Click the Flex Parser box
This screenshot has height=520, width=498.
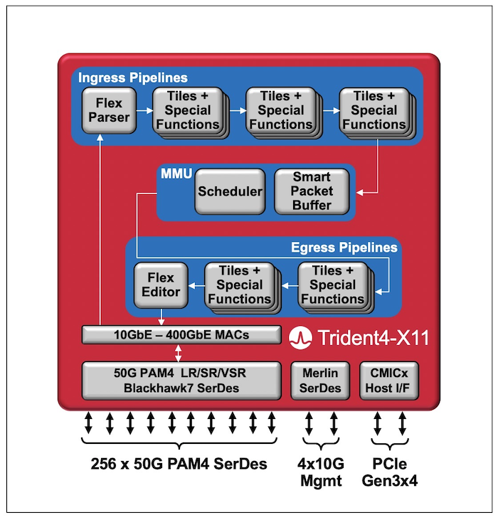109,110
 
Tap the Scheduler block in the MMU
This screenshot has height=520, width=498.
230,191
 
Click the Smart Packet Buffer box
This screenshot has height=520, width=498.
312,191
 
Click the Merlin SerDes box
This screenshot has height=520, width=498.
321,380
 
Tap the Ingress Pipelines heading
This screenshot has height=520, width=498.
133,78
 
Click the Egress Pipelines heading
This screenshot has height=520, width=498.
344,248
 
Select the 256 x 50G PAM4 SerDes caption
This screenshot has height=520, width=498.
179,464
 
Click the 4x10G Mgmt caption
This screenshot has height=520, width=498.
320,473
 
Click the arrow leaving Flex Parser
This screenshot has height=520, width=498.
144,110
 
